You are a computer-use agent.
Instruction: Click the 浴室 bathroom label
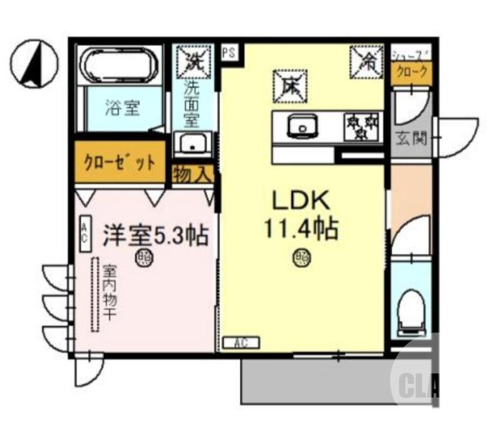pyautogui.click(x=121, y=108)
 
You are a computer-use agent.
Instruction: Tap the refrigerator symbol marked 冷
pyautogui.click(x=366, y=62)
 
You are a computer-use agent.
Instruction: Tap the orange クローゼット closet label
pyautogui.click(x=120, y=162)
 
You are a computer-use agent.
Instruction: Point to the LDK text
pyautogui.click(x=299, y=202)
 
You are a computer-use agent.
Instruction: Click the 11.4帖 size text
pyautogui.click(x=301, y=230)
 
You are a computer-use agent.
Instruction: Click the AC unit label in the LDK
pyautogui.click(x=240, y=343)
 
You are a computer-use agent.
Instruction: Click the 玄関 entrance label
pyautogui.click(x=411, y=137)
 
